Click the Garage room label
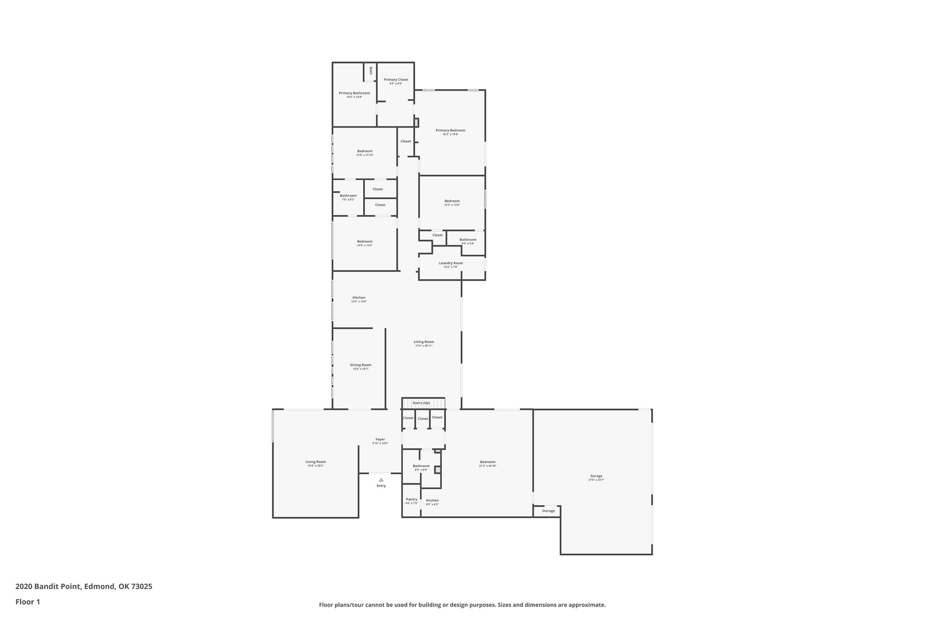click(596, 476)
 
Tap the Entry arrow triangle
click(381, 480)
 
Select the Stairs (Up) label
click(421, 403)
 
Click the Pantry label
click(411, 499)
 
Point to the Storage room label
click(548, 511)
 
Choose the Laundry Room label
click(450, 263)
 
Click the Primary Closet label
click(396, 80)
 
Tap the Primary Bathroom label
click(354, 93)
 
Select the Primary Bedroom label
click(450, 130)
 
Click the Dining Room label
click(360, 365)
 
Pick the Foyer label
click(380, 439)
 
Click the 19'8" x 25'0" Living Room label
click(315, 462)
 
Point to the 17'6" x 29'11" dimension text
click(424, 346)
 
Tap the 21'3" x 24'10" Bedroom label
click(487, 462)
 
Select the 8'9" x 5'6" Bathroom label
click(468, 240)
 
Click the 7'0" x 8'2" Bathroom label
click(348, 196)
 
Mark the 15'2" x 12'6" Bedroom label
click(452, 201)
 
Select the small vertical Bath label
click(371, 71)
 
